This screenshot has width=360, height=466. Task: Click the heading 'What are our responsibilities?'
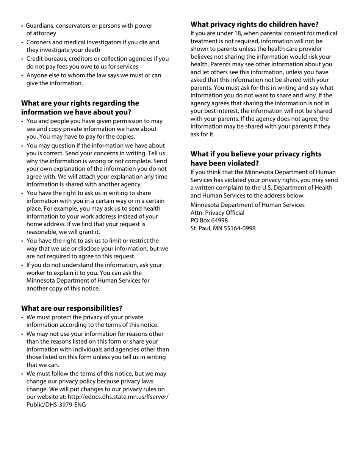72,308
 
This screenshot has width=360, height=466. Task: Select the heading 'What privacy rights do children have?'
254,25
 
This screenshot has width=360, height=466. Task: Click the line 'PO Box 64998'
209,220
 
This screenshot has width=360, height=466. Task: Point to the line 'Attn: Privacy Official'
218,213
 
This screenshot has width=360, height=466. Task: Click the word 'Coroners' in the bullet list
39,42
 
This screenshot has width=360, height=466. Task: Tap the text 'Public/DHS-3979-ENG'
56,405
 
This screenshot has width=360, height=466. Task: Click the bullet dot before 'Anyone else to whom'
22,76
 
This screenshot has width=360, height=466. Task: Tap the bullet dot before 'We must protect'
22,317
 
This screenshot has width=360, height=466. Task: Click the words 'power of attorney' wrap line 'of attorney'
41,33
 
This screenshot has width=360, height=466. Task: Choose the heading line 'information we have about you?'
76,113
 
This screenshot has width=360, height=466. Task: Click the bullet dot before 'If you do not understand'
22,266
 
